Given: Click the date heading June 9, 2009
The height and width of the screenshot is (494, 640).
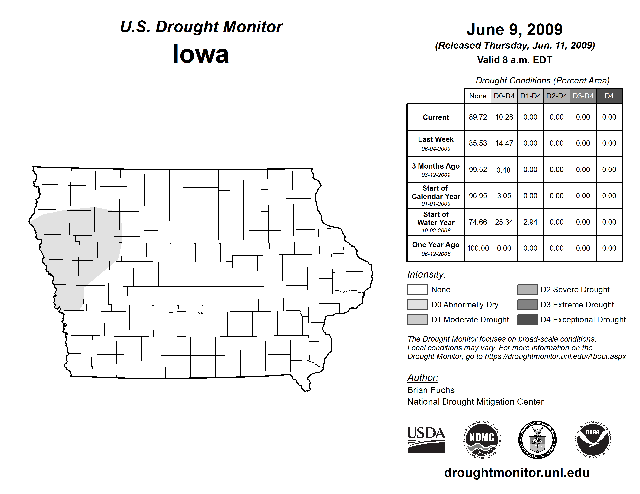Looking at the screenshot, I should [515, 30].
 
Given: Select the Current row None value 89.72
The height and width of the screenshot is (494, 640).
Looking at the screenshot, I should [478, 117].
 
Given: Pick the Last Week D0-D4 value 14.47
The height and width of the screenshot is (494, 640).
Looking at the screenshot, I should [504, 143].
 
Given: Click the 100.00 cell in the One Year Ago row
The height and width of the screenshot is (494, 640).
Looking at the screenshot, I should [478, 248].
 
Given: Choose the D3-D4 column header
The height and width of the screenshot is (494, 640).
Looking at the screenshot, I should [583, 96].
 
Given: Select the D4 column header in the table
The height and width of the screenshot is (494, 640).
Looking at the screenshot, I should [609, 96].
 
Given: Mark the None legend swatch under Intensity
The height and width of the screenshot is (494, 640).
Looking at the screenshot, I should [417, 289].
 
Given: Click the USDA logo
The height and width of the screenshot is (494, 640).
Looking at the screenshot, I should [426, 440].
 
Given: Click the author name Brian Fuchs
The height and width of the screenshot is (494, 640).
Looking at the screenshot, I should [431, 390].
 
